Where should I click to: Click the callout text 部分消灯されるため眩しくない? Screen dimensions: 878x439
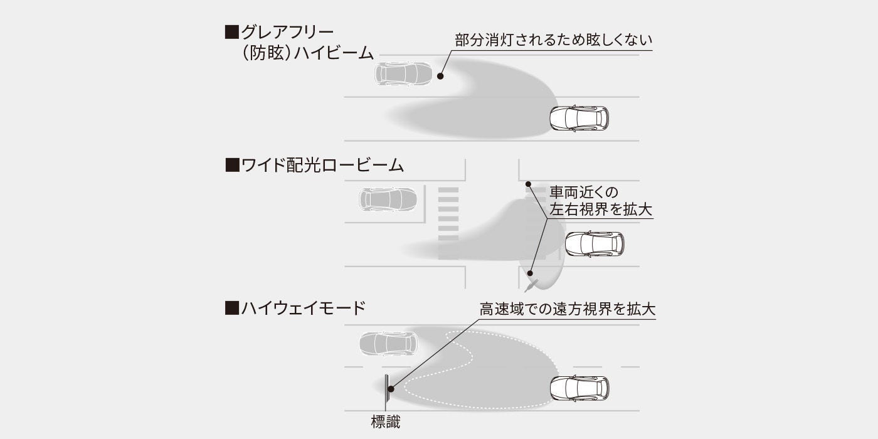(x=553, y=40)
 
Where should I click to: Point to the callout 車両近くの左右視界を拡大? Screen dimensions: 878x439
(x=601, y=201)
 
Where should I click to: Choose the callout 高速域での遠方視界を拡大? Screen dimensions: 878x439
(x=568, y=309)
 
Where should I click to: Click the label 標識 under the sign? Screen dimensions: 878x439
(x=385, y=422)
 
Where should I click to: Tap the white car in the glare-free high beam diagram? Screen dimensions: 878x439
(x=579, y=118)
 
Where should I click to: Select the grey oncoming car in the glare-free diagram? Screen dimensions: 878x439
(x=404, y=73)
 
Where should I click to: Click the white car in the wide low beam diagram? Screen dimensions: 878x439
(x=595, y=244)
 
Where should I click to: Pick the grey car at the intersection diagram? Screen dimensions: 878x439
(x=388, y=199)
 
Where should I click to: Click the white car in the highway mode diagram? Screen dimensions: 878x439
(x=579, y=388)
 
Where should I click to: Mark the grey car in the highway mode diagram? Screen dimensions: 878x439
(x=388, y=344)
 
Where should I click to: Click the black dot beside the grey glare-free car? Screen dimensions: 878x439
(x=440, y=76)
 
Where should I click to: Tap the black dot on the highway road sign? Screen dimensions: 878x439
(x=390, y=389)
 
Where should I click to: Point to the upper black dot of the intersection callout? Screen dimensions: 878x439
(x=528, y=184)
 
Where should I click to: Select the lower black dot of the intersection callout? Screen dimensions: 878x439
(x=530, y=273)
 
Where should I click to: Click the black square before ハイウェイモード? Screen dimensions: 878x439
(x=232, y=308)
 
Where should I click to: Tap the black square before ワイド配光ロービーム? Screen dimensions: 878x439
(x=232, y=166)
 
